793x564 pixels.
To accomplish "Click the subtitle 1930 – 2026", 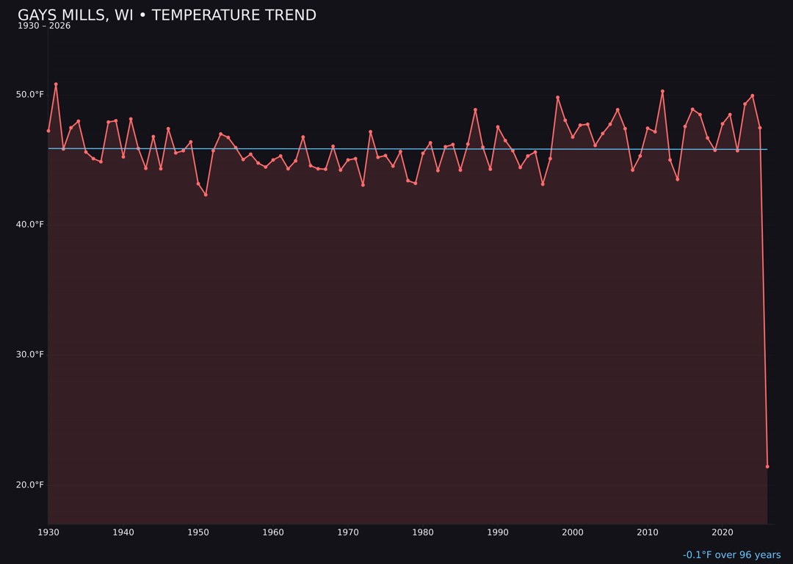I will point(44,26).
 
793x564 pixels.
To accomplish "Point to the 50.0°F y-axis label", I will point(30,95).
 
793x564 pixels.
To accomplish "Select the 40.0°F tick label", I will point(30,225).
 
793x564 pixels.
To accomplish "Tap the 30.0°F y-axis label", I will point(30,355).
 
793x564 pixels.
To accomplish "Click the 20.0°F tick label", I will point(30,485).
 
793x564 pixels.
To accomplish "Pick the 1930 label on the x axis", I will point(48,532).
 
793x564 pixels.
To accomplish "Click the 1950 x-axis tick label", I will point(198,532).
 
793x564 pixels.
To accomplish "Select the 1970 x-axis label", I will point(348,532).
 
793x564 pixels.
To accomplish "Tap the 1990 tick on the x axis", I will point(498,532).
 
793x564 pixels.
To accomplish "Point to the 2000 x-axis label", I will point(573,532).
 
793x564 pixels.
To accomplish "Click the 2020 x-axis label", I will point(723,532).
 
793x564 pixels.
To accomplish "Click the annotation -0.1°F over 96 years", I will point(731,555).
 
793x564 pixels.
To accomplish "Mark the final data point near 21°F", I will point(767,466).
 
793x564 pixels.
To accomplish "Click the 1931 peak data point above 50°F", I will point(56,84).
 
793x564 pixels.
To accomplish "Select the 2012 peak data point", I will point(662,91).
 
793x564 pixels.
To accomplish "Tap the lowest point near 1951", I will point(206,195).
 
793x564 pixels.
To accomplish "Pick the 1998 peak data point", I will point(557,97).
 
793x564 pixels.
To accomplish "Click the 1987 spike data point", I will point(475,109).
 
